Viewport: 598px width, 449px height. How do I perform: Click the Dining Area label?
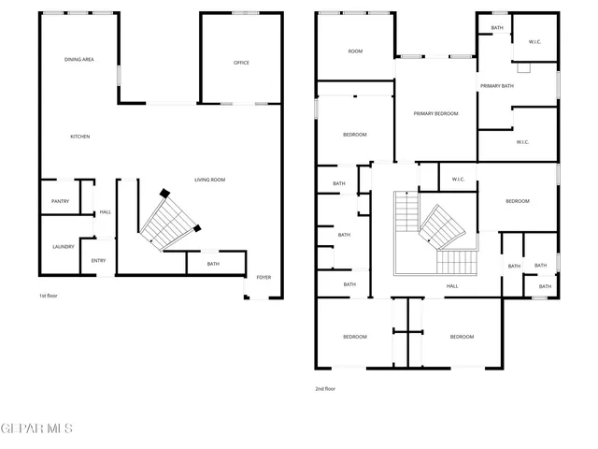pos(79,60)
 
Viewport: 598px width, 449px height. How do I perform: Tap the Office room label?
pos(241,63)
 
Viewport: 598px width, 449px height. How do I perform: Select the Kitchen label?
pos(80,138)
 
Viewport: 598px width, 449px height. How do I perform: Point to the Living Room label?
pos(209,180)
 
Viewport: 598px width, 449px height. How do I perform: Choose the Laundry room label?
pos(64,247)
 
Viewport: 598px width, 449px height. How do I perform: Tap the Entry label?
pos(98,261)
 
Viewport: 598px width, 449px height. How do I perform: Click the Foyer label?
pos(264,277)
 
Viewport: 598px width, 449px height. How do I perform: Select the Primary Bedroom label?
pos(436,113)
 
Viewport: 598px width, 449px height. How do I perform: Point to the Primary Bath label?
pos(497,86)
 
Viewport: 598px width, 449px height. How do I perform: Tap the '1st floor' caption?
pos(50,296)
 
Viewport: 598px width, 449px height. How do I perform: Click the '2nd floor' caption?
pos(324,388)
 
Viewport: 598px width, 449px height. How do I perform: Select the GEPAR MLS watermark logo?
pos(36,429)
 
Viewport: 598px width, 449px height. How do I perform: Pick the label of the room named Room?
pos(355,51)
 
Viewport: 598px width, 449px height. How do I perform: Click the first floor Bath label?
pos(213,264)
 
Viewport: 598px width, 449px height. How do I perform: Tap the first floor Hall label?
pos(105,211)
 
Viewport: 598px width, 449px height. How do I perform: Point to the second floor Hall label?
pos(452,286)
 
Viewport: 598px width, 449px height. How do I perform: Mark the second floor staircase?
pos(437,232)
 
